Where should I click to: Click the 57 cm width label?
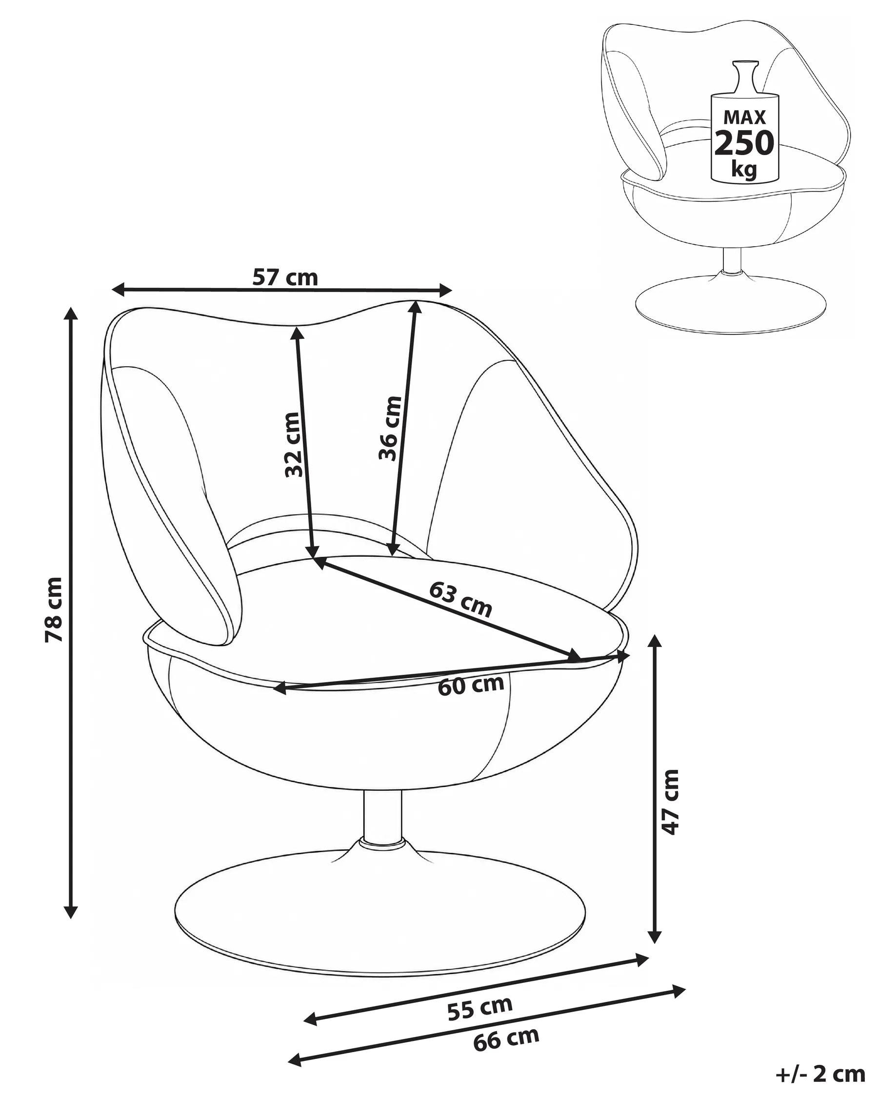tap(285, 278)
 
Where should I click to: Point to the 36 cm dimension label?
tap(390, 428)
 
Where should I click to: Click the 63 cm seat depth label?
tap(460, 599)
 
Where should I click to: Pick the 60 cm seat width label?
tap(471, 685)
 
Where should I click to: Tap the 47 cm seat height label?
tap(670, 809)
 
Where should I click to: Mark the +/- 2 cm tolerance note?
tap(820, 1074)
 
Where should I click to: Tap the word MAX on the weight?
tap(745, 118)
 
